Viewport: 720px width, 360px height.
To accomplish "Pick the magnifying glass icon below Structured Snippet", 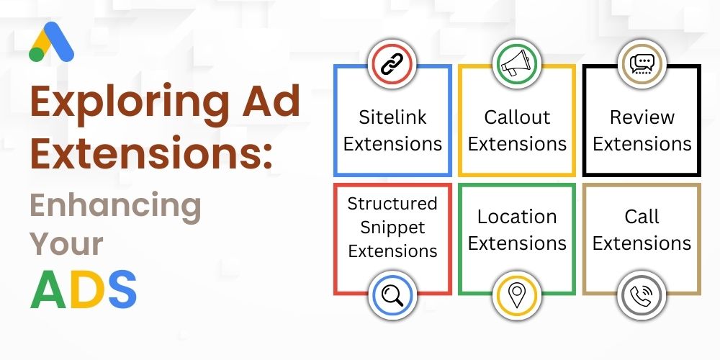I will (x=393, y=294).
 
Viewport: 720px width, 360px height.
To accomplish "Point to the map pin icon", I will (x=516, y=294).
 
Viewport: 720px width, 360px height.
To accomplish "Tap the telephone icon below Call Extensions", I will (x=641, y=294).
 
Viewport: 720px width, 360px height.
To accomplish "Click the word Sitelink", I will (x=393, y=117).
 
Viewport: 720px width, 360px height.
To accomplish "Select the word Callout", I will (x=517, y=117).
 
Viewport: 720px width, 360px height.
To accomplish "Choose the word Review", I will (x=642, y=117).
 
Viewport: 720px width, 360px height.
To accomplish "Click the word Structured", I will (x=392, y=204).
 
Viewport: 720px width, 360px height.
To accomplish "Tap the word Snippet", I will (x=392, y=228).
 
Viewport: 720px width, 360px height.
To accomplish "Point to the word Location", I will (x=517, y=217).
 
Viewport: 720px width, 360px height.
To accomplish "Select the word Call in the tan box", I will (x=642, y=217).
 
